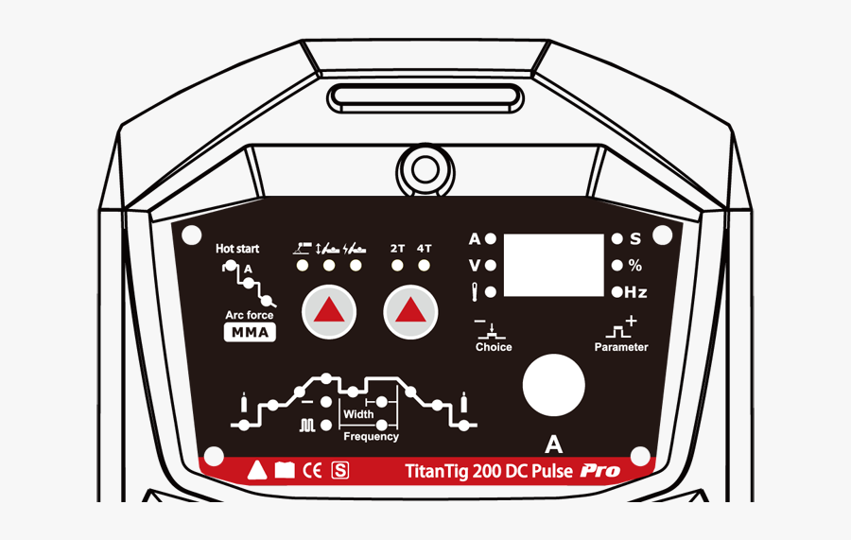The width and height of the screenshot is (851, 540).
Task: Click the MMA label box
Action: [x=250, y=332]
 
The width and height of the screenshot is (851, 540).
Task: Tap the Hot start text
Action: [x=237, y=249]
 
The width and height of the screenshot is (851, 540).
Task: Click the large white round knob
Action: [x=554, y=385]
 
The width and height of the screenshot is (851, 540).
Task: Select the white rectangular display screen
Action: [x=553, y=265]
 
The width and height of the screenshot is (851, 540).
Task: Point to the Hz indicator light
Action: [x=617, y=292]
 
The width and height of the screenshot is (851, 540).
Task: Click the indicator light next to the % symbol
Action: [x=617, y=266]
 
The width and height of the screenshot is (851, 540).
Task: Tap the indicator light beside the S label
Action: [x=617, y=239]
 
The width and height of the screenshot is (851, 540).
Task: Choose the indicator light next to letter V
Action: [x=491, y=266]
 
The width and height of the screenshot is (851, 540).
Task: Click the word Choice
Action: [x=494, y=347]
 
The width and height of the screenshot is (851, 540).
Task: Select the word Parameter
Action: [x=621, y=347]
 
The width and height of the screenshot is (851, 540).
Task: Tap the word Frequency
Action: [x=371, y=436]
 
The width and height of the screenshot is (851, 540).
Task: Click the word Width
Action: [x=358, y=414]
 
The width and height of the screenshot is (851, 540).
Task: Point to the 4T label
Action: [x=424, y=249]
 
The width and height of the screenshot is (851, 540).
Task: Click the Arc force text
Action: [x=250, y=315]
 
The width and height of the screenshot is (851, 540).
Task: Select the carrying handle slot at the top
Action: [x=425, y=96]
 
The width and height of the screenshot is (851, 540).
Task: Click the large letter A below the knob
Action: [x=554, y=444]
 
